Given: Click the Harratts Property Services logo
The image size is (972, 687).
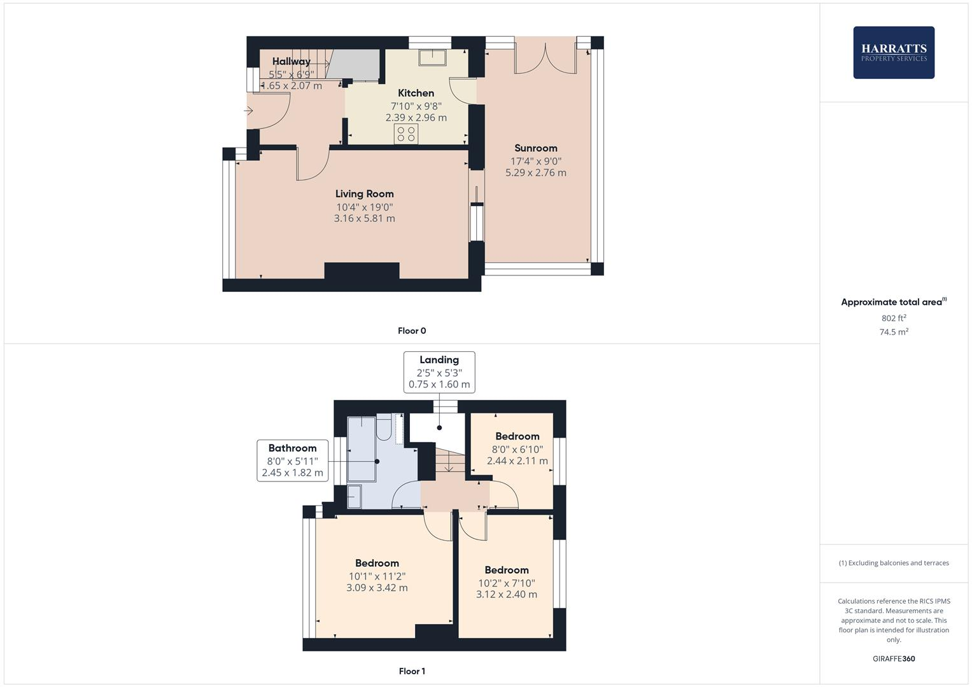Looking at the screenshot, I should coord(893,52).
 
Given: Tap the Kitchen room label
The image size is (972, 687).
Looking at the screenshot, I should coord(416,93).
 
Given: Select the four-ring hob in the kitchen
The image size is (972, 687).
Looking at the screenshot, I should coord(406,134).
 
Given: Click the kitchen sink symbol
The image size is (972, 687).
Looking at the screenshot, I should coord(433,57).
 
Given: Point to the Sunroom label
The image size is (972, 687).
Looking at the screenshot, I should coord(535,148).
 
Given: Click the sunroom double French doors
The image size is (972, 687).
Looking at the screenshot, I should coord(546,56).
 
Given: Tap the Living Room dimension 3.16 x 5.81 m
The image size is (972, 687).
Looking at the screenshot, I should coord(364,218).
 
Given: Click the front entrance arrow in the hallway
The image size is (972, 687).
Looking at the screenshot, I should coord(248,111).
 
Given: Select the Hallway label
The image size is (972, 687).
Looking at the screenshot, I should coord(291,61).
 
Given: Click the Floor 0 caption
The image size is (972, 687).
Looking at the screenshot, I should coord(411,331).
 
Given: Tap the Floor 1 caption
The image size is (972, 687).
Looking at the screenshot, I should coord(411,671).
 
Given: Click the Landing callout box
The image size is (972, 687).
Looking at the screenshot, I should coord(439,372).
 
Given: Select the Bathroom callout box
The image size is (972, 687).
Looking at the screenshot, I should coord(292,460).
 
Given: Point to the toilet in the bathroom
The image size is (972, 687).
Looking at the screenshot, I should coord(384,429).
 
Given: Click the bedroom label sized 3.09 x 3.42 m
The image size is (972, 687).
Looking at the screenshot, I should coord(377,563).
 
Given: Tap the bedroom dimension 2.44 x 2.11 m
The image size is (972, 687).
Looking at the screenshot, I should coord(517,461).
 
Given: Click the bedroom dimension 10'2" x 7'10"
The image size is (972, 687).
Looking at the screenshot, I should coord(506,583).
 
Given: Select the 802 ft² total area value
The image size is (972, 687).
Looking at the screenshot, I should coord(893,318).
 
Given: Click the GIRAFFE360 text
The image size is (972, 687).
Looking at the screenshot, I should coord(893,658).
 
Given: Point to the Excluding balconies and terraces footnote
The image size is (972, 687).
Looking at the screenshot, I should coord(893,563).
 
